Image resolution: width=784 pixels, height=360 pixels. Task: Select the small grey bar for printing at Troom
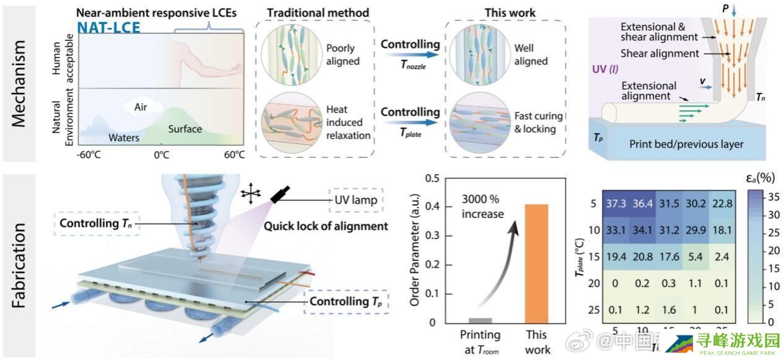click(x=481, y=320)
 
